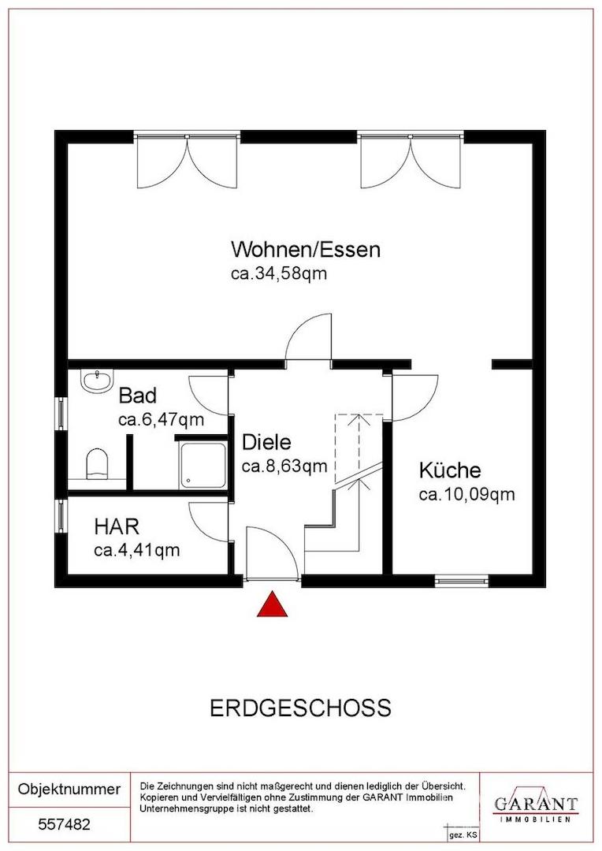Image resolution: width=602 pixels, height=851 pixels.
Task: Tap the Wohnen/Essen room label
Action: (x=305, y=250)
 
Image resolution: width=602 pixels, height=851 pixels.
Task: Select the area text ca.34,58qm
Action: (x=278, y=274)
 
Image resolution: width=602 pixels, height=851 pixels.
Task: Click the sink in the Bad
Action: (x=96, y=381)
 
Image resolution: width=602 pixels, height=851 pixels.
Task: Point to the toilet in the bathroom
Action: (x=96, y=464)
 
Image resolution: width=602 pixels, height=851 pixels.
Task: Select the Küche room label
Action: (x=449, y=471)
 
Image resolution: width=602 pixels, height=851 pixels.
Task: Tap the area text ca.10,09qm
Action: (x=466, y=495)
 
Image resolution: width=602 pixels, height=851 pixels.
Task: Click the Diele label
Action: (x=267, y=440)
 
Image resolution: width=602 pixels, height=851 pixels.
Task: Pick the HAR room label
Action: (x=117, y=526)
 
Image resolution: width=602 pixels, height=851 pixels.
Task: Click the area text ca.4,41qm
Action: (x=136, y=550)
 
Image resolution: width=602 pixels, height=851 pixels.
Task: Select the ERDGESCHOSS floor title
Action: (x=300, y=708)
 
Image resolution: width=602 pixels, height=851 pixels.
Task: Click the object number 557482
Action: (x=65, y=825)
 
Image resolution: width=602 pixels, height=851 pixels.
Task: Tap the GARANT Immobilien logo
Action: (x=535, y=805)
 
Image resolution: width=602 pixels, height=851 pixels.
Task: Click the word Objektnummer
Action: (x=69, y=789)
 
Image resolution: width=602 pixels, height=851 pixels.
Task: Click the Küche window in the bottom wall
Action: (x=461, y=582)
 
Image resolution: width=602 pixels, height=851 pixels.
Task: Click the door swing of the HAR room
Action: (x=210, y=520)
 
